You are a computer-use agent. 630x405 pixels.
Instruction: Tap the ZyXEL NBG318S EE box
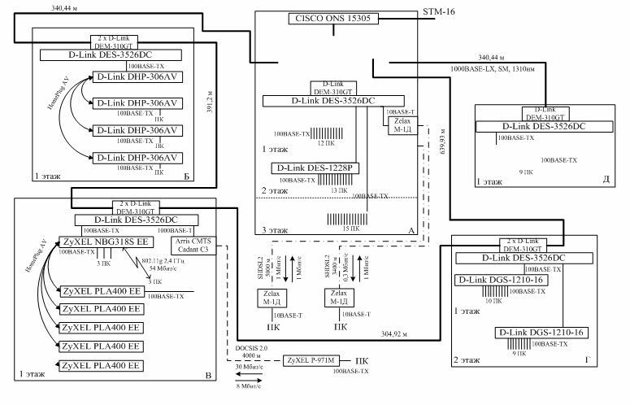(104, 242)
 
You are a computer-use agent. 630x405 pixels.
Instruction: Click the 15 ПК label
(349, 230)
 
